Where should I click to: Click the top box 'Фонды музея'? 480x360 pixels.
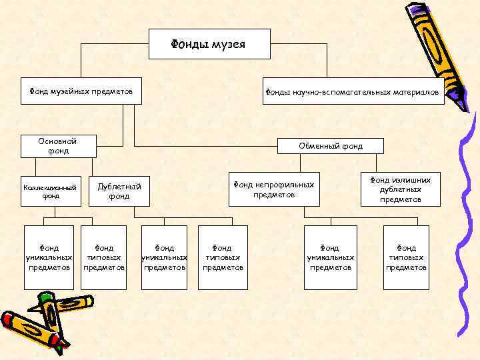coord(209,44)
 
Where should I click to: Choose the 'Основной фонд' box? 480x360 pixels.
coord(59,146)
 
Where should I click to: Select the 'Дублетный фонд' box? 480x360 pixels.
coord(119,192)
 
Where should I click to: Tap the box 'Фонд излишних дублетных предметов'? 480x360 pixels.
coord(401,189)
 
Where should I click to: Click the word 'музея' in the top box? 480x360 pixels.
coord(229,45)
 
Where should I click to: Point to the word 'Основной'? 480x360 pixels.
coord(58,141)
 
